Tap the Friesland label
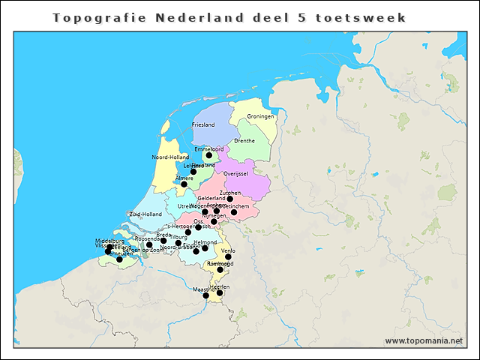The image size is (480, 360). coord(203,124)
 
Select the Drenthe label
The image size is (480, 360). coord(244,140)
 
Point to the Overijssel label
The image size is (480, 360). coord(235,173)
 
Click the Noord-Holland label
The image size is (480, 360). coord(170,157)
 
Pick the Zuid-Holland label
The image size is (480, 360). coord(145,214)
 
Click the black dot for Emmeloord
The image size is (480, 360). coord(209,155)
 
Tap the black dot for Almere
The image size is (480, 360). coord(184,184)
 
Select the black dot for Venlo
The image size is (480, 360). coord(228,256)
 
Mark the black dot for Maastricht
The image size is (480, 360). coord(205,295)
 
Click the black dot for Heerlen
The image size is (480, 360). coord(219,292)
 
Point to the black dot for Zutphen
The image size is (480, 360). coord(229,199)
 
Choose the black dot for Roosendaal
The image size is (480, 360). coord(149,244)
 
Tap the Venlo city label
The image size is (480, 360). coord(228,250)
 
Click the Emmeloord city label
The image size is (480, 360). coord(208,148)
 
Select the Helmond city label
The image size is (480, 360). coord(205,242)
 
